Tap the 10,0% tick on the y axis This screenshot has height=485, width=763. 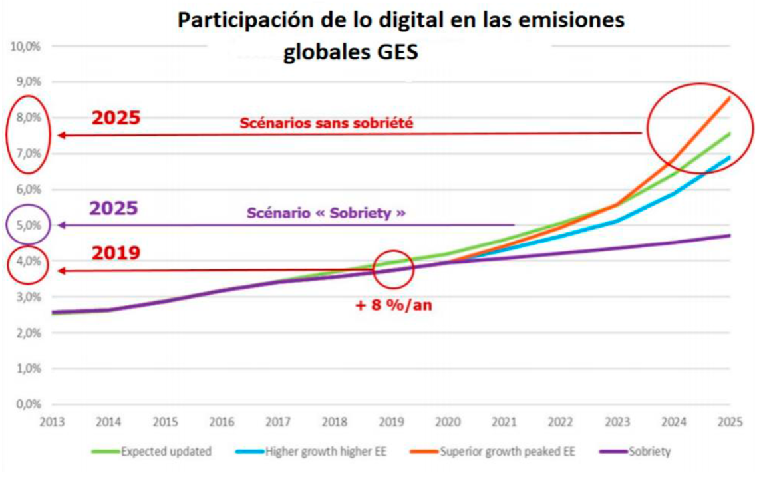[x=27, y=47]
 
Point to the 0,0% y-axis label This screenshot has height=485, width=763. [x=27, y=404]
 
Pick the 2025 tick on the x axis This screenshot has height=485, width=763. [x=730, y=422]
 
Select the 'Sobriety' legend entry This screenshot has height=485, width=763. [x=641, y=452]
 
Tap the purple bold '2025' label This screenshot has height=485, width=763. [x=114, y=208]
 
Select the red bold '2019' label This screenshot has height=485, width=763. [x=116, y=253]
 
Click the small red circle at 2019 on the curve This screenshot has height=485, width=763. [x=393, y=269]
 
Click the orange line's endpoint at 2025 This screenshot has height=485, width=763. [x=730, y=98]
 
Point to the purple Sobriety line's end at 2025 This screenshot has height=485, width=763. [x=730, y=236]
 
